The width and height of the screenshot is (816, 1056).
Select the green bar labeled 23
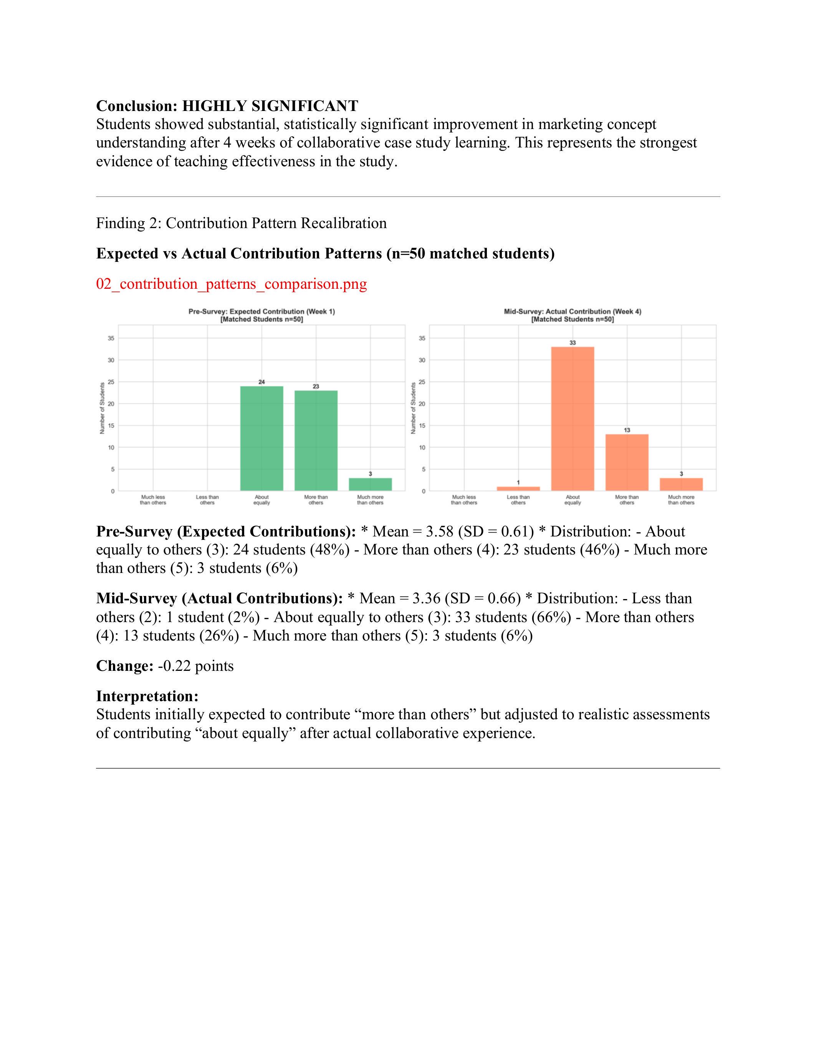(316, 440)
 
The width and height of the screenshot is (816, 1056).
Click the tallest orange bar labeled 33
(573, 419)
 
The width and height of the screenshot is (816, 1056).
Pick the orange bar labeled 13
(627, 462)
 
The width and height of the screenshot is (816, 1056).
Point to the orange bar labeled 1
(518, 488)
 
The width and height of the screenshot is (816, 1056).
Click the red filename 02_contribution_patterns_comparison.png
(232, 284)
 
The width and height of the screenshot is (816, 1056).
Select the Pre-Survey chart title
(262, 315)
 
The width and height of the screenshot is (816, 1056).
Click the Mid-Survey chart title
(573, 315)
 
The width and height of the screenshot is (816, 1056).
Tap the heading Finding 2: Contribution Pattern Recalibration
(241, 223)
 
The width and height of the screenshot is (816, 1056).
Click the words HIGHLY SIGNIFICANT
(270, 106)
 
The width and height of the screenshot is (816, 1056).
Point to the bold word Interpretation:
(147, 696)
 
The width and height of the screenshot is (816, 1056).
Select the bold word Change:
(125, 666)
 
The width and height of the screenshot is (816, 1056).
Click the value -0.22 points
(196, 666)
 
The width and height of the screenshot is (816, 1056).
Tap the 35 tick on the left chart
(111, 338)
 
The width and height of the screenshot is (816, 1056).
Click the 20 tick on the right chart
(422, 404)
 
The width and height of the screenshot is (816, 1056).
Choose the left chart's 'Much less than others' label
(153, 500)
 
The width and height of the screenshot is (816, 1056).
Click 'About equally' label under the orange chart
(573, 500)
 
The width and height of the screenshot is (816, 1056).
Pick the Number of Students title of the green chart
(103, 408)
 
